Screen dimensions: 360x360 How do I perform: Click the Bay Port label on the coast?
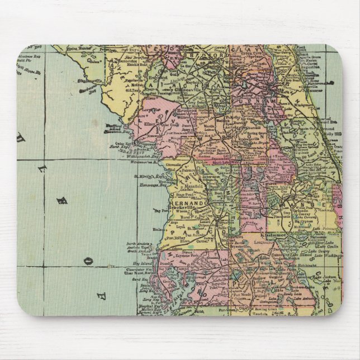pos(145,211)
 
